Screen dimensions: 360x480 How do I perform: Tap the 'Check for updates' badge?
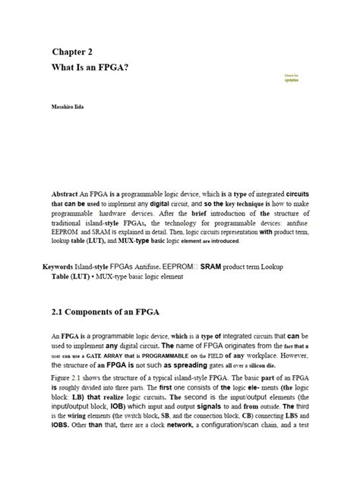292,77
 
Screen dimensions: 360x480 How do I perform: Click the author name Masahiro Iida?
67,108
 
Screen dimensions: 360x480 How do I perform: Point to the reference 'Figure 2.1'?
69,377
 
